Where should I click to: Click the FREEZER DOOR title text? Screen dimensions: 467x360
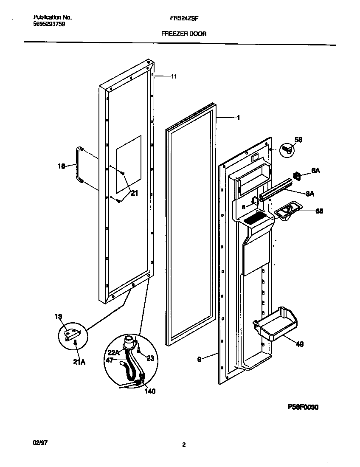click(x=184, y=34)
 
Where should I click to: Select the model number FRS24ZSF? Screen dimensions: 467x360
click(x=184, y=18)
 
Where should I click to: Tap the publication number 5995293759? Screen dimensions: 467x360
click(x=49, y=24)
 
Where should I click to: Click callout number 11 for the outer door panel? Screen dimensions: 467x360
click(x=174, y=77)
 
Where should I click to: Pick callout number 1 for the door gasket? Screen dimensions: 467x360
click(x=238, y=118)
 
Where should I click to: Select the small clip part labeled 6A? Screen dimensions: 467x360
click(x=297, y=174)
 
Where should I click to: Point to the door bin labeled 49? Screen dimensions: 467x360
click(x=275, y=324)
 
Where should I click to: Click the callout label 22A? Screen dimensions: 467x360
click(x=113, y=352)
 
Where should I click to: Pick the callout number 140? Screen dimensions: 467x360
click(x=149, y=391)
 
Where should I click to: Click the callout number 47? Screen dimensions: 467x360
click(x=109, y=359)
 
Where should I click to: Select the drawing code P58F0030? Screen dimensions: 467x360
click(x=303, y=407)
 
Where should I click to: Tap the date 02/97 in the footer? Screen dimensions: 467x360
click(x=39, y=442)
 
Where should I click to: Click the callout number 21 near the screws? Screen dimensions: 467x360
click(x=134, y=193)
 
